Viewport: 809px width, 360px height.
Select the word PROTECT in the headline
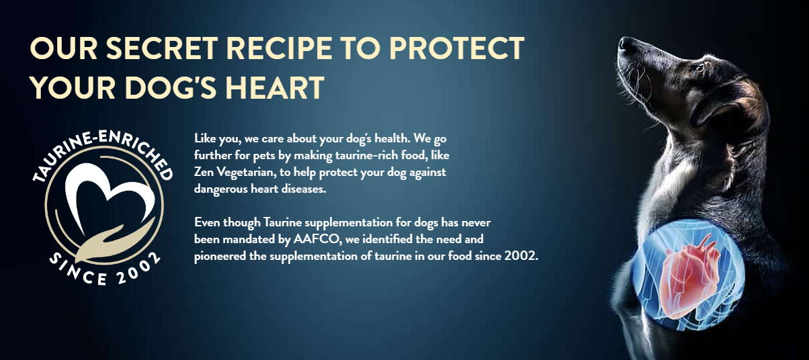click(x=457, y=48)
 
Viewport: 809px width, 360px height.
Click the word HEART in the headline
click(x=275, y=87)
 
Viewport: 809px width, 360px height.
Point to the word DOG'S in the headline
click(x=171, y=87)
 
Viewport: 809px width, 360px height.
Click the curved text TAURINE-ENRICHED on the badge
click(x=103, y=148)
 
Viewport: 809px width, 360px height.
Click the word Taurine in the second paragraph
click(x=282, y=222)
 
